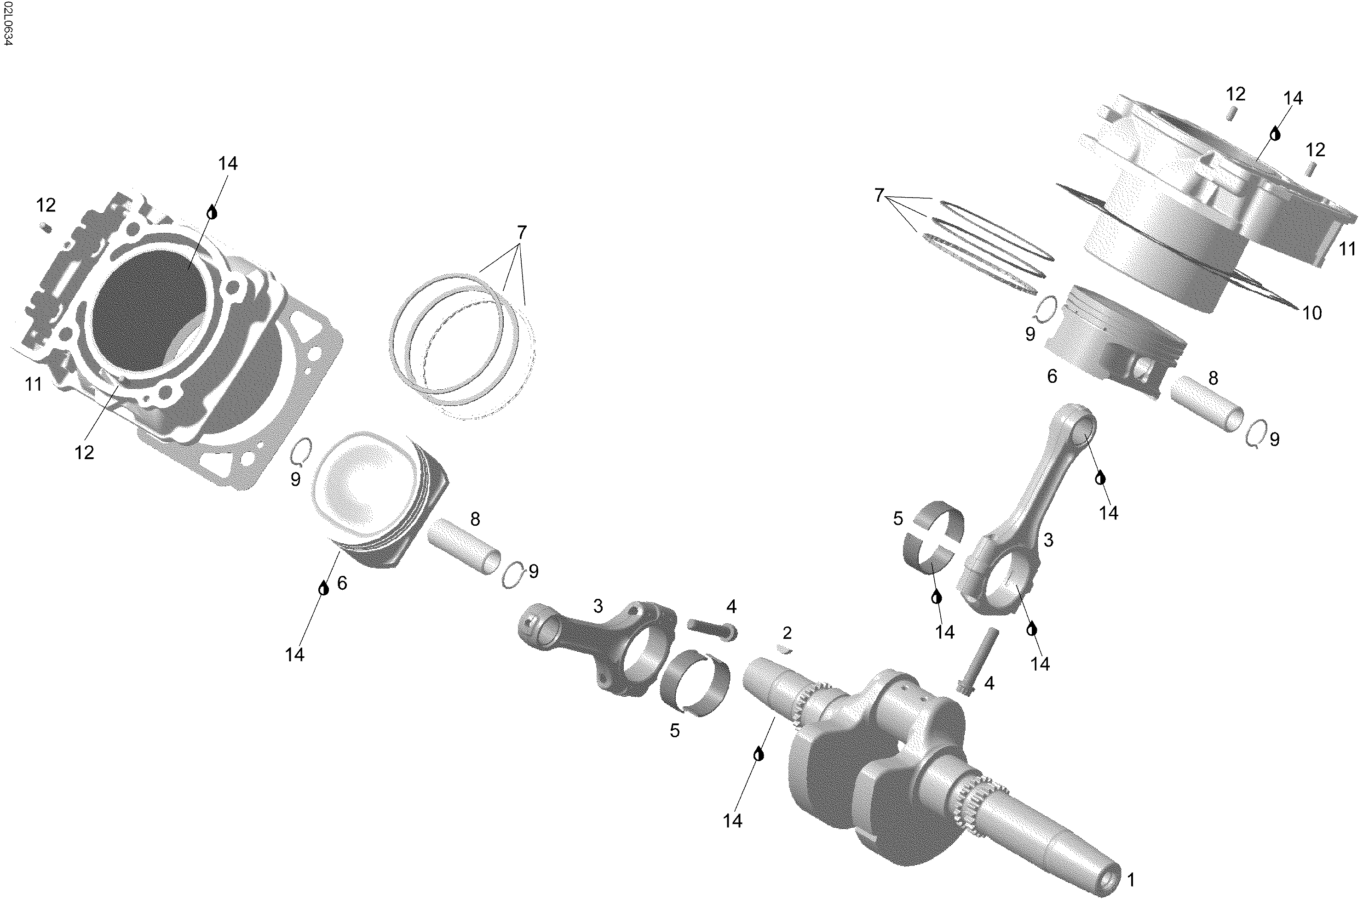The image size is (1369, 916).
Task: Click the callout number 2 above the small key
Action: coord(787,633)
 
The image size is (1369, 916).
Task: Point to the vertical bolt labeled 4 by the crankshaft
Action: coord(978,659)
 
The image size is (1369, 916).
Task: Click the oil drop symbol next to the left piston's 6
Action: coord(324,588)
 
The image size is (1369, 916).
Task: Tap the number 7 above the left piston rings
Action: coord(521,233)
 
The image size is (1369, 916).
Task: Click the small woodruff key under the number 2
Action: coord(784,649)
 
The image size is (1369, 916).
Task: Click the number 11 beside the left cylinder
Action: coord(33,384)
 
